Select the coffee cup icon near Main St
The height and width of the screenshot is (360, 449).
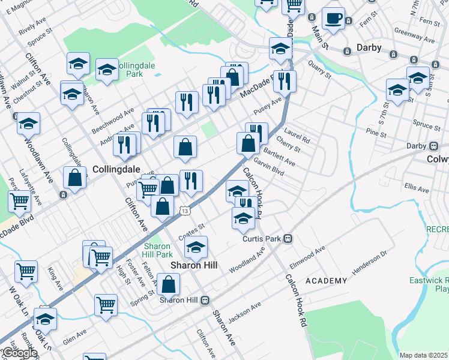coord(333,18)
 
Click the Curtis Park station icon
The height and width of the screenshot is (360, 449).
coord(288,238)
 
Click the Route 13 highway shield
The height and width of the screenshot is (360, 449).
coord(185,211)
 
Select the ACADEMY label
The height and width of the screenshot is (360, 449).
coord(326,281)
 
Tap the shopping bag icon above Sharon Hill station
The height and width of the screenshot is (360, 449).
coord(170,284)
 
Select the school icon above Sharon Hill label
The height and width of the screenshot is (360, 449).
coord(196,247)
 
